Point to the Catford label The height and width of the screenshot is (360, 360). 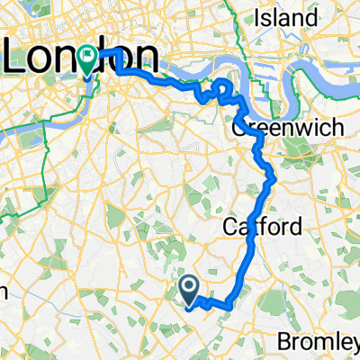point(261,227)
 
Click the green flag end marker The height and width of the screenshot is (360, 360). point(87,59)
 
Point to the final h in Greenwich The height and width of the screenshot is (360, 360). point(337,127)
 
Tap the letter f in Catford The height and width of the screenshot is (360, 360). point(262,227)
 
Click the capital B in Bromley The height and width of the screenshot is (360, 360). point(287,342)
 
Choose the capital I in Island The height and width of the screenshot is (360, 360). point(260,18)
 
